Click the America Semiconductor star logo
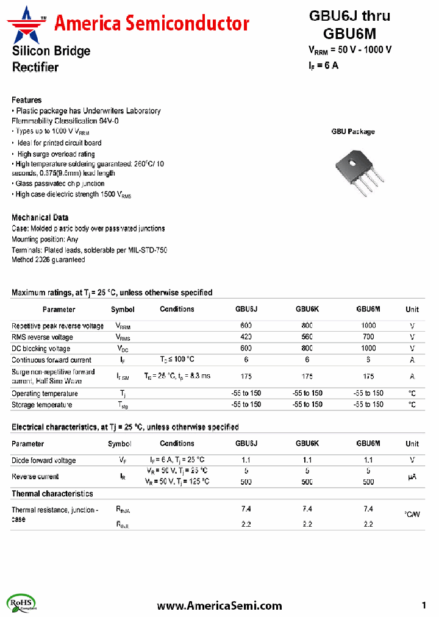(x=27, y=24)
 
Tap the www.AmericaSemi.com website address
(x=220, y=605)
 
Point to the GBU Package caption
(x=353, y=132)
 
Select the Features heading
(x=27, y=100)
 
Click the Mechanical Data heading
(x=40, y=218)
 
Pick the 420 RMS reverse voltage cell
(x=246, y=337)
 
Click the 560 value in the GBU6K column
(x=307, y=337)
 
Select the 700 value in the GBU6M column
(x=368, y=337)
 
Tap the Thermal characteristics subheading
(x=52, y=493)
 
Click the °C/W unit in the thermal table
(x=412, y=515)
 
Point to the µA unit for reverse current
(x=412, y=477)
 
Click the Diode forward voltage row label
(x=44, y=460)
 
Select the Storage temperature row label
(x=41, y=405)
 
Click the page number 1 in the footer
(x=424, y=605)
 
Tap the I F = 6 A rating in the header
(x=323, y=65)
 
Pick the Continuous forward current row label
(x=51, y=360)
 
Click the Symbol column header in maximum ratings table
(x=123, y=310)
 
